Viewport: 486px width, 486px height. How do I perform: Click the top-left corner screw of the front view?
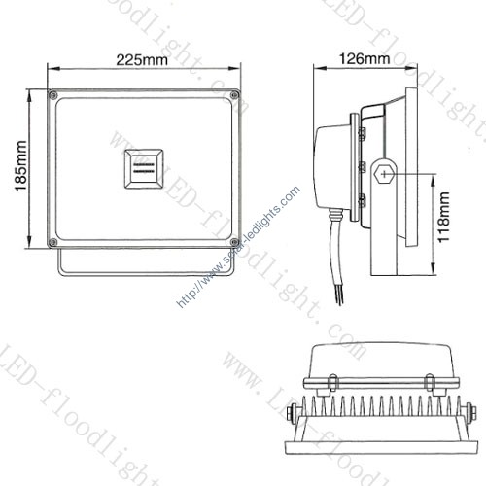click(x=52, y=94)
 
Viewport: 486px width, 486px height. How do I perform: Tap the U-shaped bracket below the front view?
click(x=146, y=264)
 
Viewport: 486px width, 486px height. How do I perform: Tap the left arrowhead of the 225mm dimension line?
click(x=52, y=69)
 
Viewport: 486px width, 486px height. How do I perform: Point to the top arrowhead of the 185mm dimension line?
click(x=36, y=93)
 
